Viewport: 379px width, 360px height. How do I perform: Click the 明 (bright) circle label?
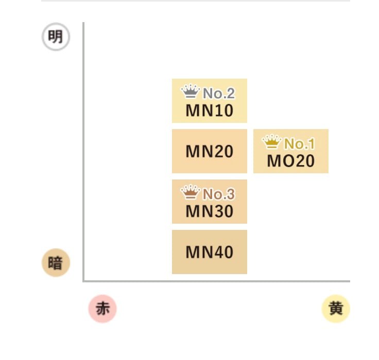[56, 37]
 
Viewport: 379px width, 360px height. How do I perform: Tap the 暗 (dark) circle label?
[55, 263]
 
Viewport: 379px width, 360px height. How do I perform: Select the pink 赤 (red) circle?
[102, 309]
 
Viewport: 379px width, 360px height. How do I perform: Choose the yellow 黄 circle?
[336, 309]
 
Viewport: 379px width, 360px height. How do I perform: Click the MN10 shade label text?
[210, 111]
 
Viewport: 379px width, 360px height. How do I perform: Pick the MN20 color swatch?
[210, 151]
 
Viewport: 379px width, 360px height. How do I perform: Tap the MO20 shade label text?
[290, 161]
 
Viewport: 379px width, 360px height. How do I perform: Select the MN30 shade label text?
[210, 211]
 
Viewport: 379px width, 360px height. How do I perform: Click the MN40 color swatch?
[210, 252]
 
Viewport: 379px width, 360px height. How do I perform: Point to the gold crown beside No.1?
[272, 141]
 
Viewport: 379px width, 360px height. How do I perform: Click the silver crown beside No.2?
[191, 92]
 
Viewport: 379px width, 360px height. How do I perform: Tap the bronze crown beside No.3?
[191, 192]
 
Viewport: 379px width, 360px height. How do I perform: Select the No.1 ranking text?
[299, 144]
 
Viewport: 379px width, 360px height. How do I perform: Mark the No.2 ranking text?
[218, 94]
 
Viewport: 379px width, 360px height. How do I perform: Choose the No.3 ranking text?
[218, 194]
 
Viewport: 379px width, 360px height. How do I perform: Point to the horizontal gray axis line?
[216, 281]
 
